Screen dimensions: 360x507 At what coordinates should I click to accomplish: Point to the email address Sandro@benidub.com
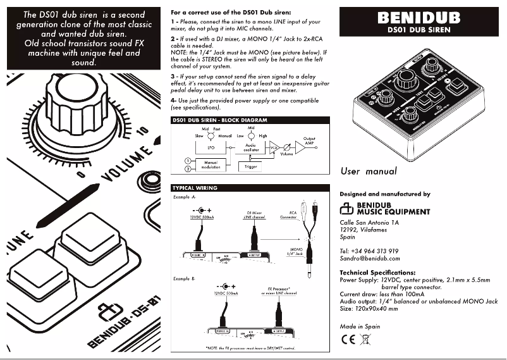pos(370,258)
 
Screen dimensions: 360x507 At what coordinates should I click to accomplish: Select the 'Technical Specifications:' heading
pos(377,272)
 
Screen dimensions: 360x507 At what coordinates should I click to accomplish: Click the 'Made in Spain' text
pos(360,326)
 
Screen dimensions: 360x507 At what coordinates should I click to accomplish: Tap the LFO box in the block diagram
pos(202,147)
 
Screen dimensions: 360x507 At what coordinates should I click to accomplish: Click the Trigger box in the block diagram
pos(251,167)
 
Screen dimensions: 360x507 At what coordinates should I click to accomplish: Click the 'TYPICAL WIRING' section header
pos(195,188)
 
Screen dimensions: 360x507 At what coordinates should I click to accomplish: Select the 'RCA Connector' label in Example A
pos(293,215)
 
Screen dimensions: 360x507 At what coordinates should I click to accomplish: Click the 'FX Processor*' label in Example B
pos(278,289)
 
